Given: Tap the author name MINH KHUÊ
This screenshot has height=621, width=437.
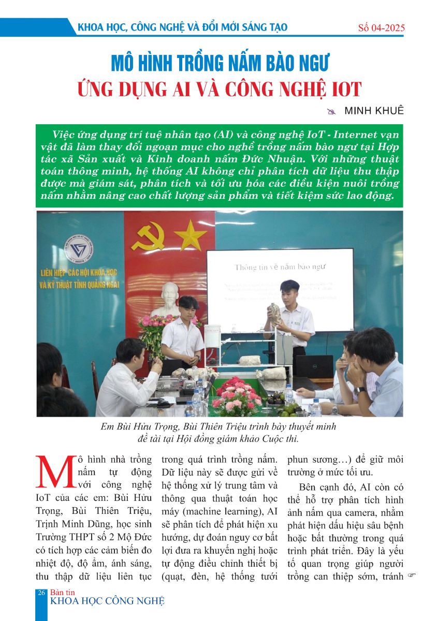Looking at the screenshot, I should (374, 110).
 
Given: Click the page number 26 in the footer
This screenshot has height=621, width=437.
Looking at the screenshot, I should (40, 593).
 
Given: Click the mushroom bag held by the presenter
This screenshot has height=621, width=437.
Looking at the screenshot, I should (275, 314).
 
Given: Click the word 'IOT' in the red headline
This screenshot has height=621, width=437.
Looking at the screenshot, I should (340, 89).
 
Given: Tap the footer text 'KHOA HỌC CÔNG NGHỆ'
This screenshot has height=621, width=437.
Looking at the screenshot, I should (107, 601).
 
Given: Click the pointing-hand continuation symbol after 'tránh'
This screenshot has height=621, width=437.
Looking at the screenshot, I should (412, 575).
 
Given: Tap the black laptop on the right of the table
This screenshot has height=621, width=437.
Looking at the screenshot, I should (314, 366).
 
